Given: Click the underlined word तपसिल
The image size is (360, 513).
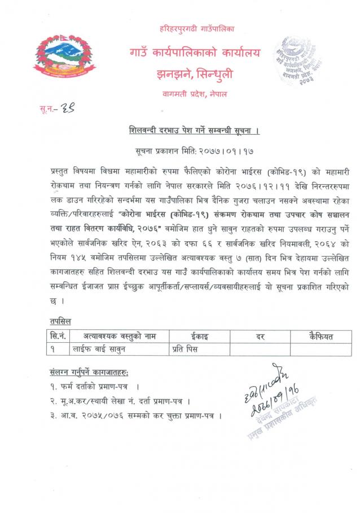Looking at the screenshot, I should (x=62, y=321).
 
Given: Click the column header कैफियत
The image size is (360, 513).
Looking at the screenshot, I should (x=321, y=337).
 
